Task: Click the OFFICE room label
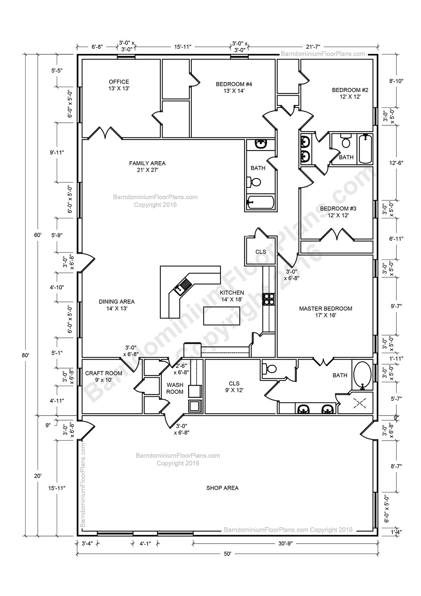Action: [x=119, y=85]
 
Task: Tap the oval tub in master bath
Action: [x=362, y=375]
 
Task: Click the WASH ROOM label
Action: [x=175, y=388]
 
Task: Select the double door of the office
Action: [x=105, y=133]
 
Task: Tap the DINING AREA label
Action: [x=116, y=305]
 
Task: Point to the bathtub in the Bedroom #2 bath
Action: [x=365, y=149]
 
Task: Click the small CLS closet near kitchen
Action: [x=260, y=252]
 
